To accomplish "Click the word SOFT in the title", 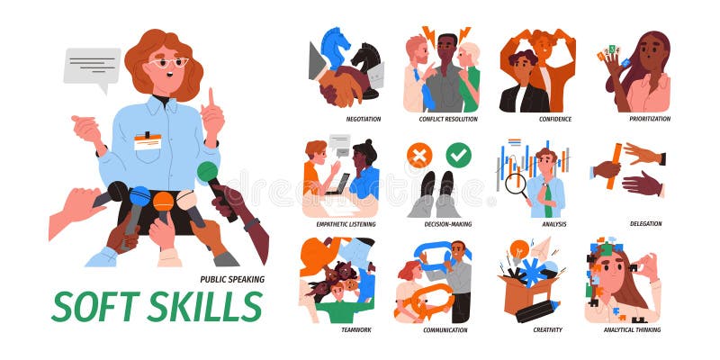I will [94, 307].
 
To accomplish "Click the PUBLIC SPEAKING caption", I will [231, 279].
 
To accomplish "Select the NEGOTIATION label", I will [364, 119].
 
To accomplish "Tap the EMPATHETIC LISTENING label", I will [346, 224].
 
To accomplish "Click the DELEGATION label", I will [645, 224].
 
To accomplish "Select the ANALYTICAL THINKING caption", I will [632, 329].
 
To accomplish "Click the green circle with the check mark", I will [458, 156].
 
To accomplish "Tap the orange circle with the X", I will [418, 156].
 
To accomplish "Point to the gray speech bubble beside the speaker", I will [91, 66].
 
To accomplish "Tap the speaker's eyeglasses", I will [168, 62].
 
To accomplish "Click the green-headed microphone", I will [208, 171].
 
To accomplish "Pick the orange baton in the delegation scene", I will [616, 167].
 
